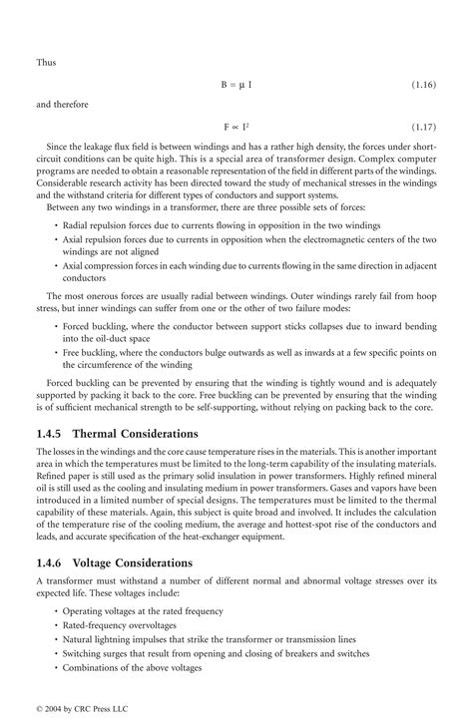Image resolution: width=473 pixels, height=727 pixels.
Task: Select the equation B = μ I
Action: [236, 85]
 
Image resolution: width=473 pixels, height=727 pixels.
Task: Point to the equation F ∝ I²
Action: [236, 129]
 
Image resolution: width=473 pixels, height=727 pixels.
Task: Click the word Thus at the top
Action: [47, 60]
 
